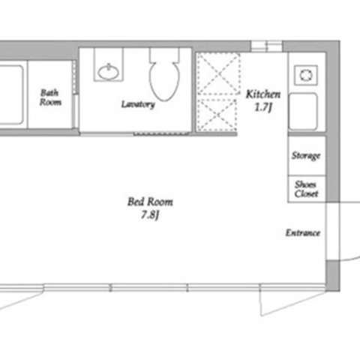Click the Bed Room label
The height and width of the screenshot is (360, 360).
(150, 202)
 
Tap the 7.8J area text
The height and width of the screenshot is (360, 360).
(150, 215)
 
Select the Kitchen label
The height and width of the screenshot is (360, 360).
(263, 94)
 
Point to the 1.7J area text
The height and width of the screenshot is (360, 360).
(263, 107)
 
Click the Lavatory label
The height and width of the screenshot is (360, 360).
(138, 104)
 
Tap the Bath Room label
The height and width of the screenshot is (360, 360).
(50, 97)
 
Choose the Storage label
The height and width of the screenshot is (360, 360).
(306, 156)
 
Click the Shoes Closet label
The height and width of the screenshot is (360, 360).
(306, 189)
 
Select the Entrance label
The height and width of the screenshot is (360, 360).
(303, 233)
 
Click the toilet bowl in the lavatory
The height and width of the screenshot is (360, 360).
(164, 80)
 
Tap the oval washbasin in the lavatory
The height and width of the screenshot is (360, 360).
(108, 72)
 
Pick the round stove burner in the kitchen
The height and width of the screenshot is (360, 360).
(306, 75)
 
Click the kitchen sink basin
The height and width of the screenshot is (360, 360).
(303, 112)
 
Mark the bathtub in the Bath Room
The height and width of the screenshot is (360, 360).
(12, 94)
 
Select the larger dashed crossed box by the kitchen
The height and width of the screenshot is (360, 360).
(218, 73)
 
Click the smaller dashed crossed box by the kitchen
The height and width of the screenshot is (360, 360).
(217, 115)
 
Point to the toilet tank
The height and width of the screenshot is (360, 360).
(164, 55)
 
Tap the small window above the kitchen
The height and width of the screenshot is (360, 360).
(267, 46)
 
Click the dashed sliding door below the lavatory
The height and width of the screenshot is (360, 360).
(161, 134)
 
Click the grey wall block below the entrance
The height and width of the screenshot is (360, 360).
(333, 275)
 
